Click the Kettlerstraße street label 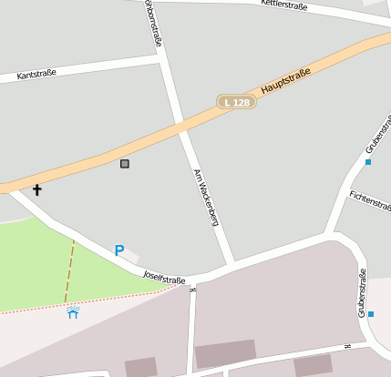coord(283,5)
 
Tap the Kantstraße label coord(36,76)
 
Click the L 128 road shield coord(236,103)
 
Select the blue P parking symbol coord(118,250)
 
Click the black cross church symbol coord(37,190)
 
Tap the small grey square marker coord(125,164)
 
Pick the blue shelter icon coord(73,312)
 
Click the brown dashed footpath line coord(69,270)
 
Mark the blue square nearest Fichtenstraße coord(368,162)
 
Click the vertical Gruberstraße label coord(362,293)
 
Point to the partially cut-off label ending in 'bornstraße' coord(155,23)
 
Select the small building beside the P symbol coord(131,256)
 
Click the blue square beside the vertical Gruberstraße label coord(371,314)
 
